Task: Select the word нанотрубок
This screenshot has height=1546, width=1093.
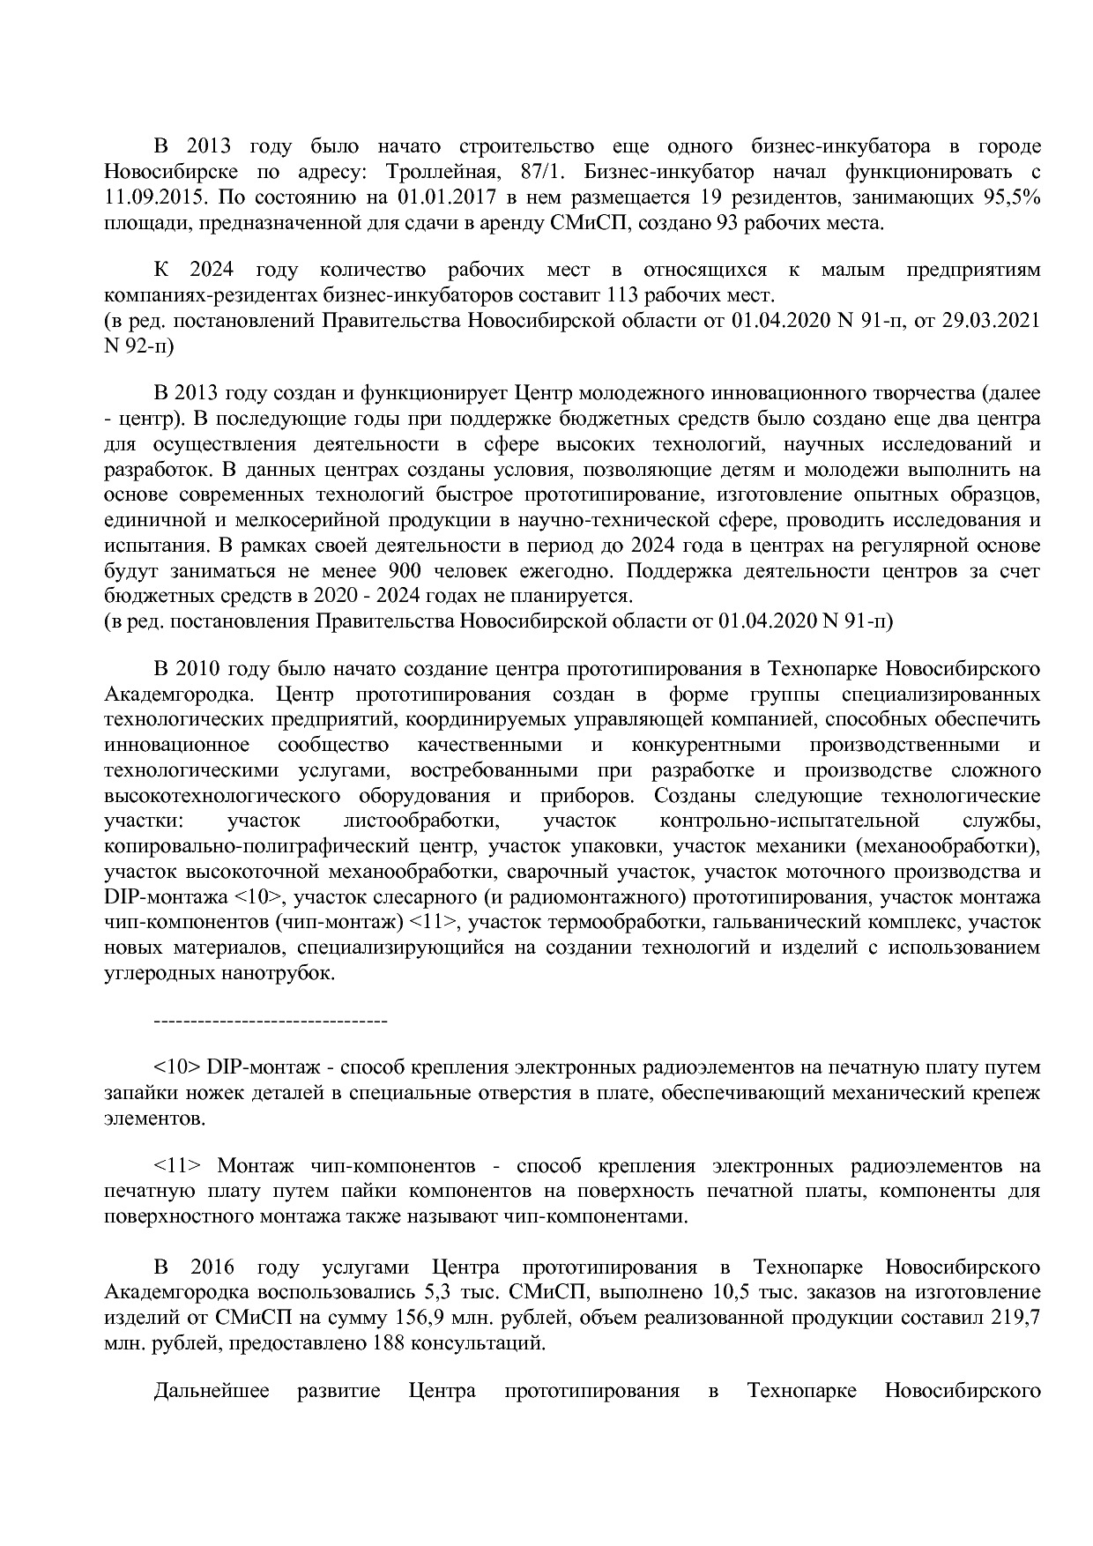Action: tap(283, 974)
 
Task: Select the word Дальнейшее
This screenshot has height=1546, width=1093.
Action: tap(212, 1391)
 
